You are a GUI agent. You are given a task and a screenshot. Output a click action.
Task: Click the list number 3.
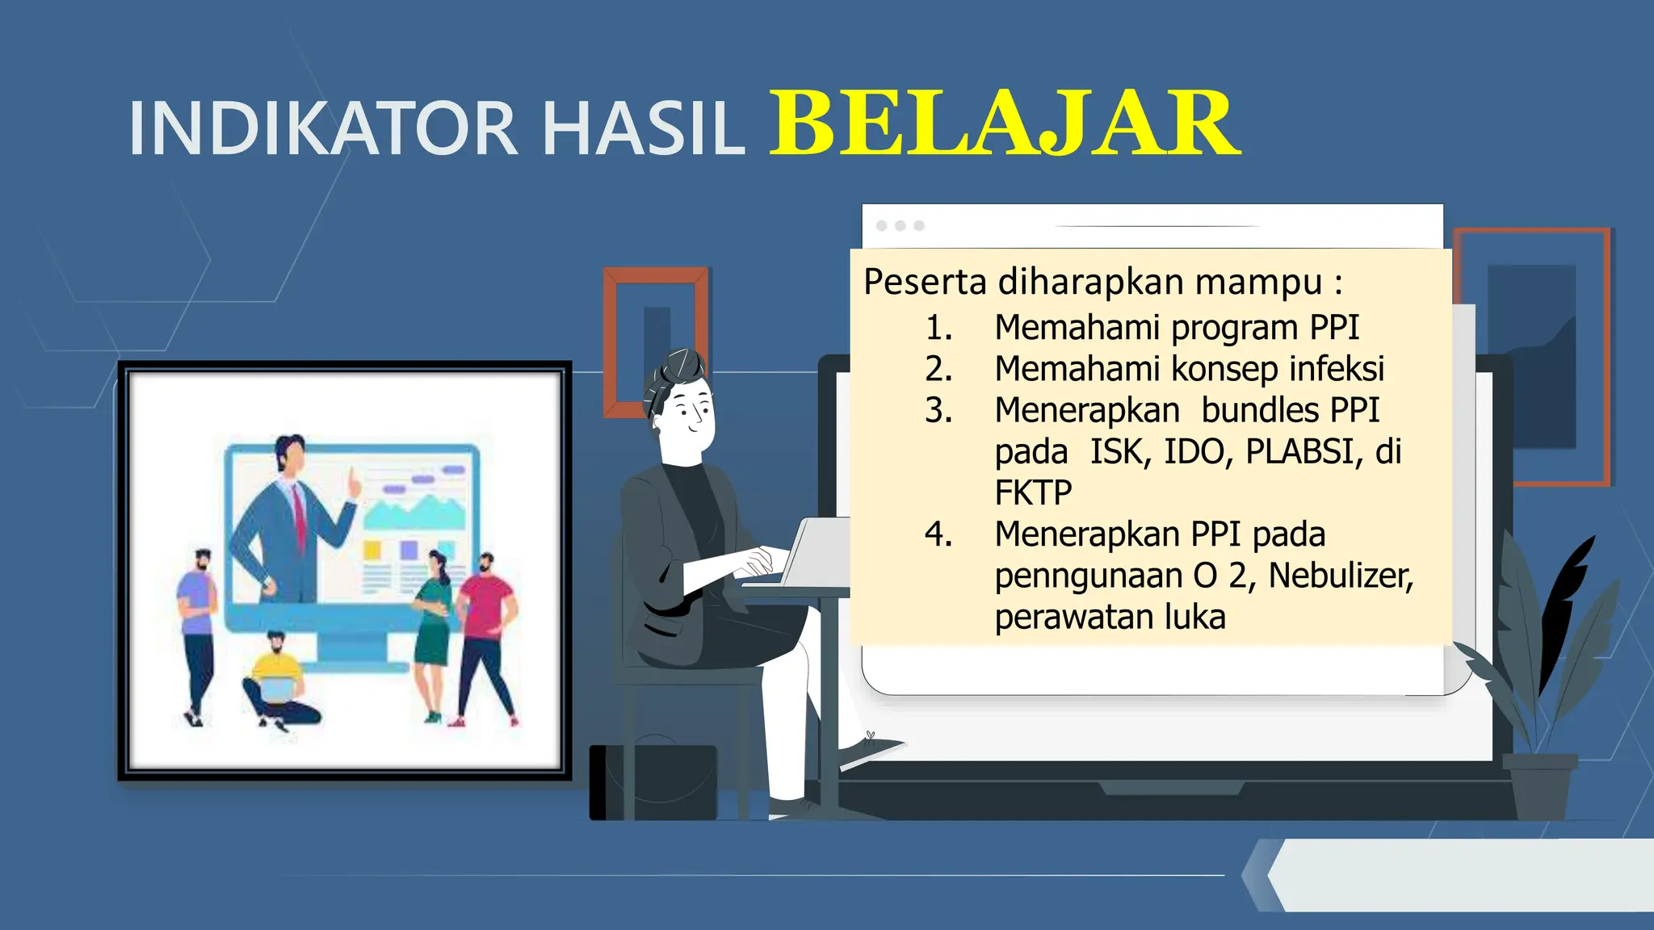tap(938, 410)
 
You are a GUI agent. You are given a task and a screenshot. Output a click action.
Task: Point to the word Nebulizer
tap(1340, 576)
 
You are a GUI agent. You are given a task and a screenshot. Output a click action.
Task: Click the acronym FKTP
tap(1033, 492)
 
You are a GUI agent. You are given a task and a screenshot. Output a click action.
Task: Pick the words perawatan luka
tap(1110, 618)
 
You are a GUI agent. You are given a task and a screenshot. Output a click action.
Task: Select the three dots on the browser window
tap(900, 225)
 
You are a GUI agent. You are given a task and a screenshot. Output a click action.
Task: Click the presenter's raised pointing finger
tap(353, 483)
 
